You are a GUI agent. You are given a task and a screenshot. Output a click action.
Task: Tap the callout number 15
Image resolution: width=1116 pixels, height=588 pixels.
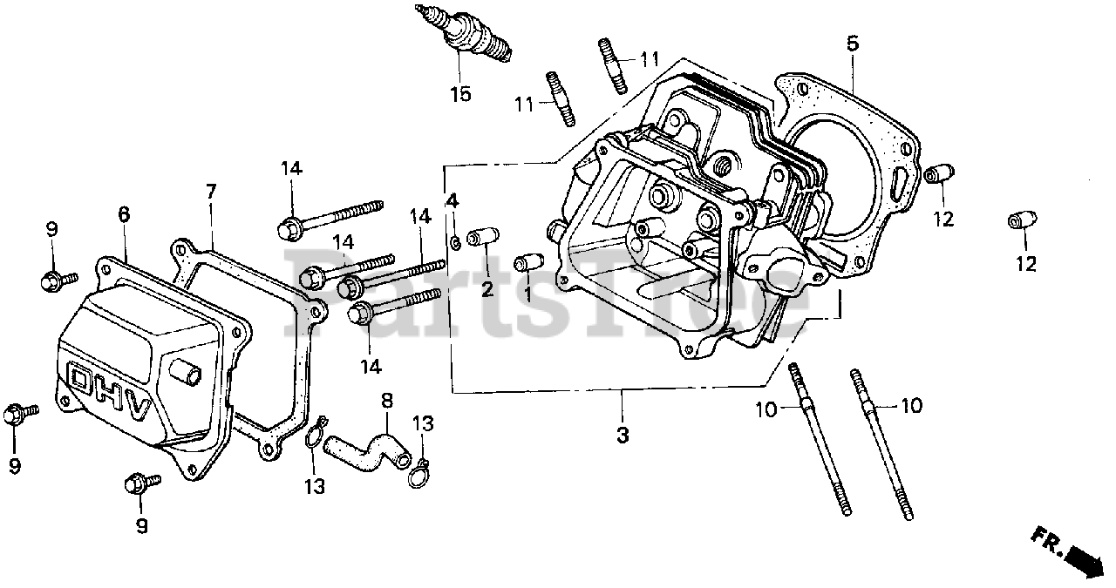tap(460, 94)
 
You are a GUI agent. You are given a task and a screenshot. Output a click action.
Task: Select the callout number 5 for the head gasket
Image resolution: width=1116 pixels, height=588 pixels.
tap(852, 43)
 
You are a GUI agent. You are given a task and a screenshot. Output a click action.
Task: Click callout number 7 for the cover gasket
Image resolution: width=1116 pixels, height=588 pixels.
tap(210, 191)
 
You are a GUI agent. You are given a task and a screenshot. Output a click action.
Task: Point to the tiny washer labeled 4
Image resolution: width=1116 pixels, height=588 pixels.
tap(456, 240)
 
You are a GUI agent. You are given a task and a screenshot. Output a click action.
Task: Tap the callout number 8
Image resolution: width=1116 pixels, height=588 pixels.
tap(386, 402)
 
